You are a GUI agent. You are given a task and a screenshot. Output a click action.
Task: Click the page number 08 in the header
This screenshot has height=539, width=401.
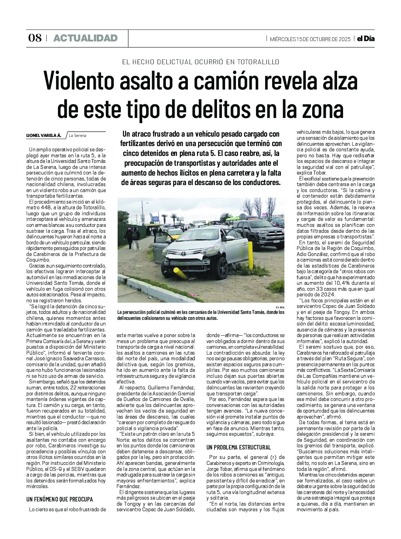(35, 38)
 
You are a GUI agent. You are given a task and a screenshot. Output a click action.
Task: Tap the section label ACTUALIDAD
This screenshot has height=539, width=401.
(85, 38)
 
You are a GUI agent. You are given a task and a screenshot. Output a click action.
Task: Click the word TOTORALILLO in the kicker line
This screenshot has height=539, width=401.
(257, 62)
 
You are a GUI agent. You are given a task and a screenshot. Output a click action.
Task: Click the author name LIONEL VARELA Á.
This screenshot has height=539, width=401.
(44, 135)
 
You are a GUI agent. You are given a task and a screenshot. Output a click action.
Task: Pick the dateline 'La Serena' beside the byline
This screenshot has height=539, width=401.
(78, 135)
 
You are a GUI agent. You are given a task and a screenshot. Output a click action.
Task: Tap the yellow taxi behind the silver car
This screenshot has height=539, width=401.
(175, 234)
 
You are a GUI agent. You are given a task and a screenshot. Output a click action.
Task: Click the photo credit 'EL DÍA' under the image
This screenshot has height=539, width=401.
(280, 307)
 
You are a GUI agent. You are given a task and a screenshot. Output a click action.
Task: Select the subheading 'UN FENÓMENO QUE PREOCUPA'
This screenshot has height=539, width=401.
(60, 499)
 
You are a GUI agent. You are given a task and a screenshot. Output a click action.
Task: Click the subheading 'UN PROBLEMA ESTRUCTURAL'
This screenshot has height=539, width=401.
(239, 447)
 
